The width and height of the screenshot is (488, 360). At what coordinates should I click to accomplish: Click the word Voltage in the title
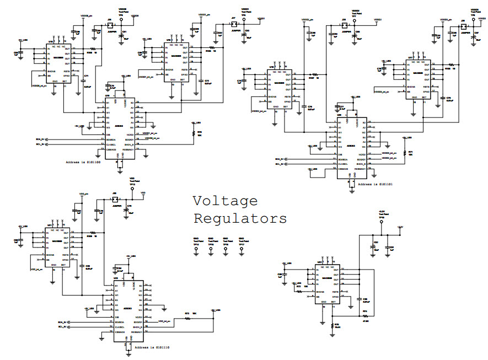[x=225, y=202]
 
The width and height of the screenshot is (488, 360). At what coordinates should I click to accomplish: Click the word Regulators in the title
[x=240, y=219]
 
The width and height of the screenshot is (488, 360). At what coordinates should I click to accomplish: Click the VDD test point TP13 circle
[x=132, y=189]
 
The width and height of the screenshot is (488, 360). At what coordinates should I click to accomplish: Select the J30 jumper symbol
[x=115, y=199]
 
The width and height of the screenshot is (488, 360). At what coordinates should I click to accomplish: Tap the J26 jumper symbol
[x=109, y=25]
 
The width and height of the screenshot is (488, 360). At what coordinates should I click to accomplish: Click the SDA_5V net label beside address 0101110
[x=63, y=321]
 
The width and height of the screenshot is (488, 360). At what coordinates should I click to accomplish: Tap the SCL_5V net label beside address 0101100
[x=40, y=145]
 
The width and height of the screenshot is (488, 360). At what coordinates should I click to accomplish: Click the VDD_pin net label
[x=83, y=194]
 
